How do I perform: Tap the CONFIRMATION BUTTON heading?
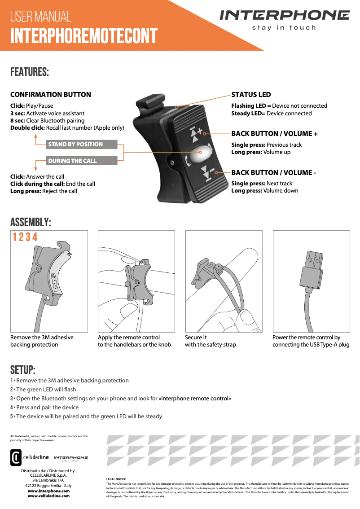click(51, 95)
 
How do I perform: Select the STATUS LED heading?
click(251, 95)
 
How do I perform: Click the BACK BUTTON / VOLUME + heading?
click(274, 134)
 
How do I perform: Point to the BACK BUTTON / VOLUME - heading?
click(273, 172)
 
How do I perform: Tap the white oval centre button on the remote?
click(201, 153)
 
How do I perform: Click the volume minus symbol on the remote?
click(207, 171)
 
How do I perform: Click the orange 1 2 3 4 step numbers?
click(25, 237)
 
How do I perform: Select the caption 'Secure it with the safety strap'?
click(210, 341)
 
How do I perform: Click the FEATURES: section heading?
click(30, 72)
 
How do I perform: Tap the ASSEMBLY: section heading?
click(31, 223)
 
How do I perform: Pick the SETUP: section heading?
click(23, 370)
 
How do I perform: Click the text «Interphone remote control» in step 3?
click(195, 399)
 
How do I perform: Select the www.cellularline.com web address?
click(48, 496)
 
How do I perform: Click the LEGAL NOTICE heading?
click(116, 479)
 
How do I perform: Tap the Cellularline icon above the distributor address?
click(15, 457)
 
